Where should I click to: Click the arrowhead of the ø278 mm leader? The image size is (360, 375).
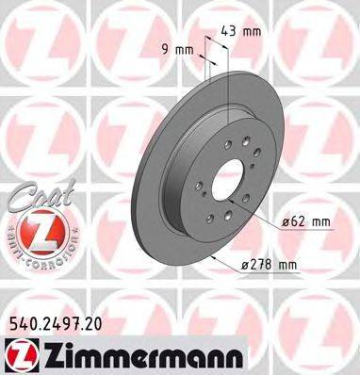[217, 256]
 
